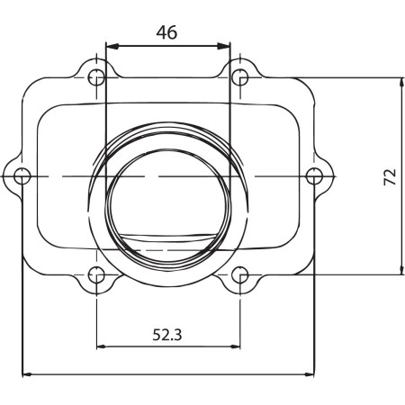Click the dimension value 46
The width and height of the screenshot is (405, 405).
pos(166,32)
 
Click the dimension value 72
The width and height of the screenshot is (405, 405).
pos(390,177)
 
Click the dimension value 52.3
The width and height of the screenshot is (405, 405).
pos(167,335)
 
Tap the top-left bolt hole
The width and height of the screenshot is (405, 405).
pos(96,77)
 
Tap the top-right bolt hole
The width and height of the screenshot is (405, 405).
pos(240,77)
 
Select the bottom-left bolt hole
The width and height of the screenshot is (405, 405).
pos(96,274)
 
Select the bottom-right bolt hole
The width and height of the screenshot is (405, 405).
pos(240,274)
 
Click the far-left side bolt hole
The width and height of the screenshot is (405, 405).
pos(22,176)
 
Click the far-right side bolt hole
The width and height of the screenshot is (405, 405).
pos(314,176)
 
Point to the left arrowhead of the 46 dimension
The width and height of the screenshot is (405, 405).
pos(112,46)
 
